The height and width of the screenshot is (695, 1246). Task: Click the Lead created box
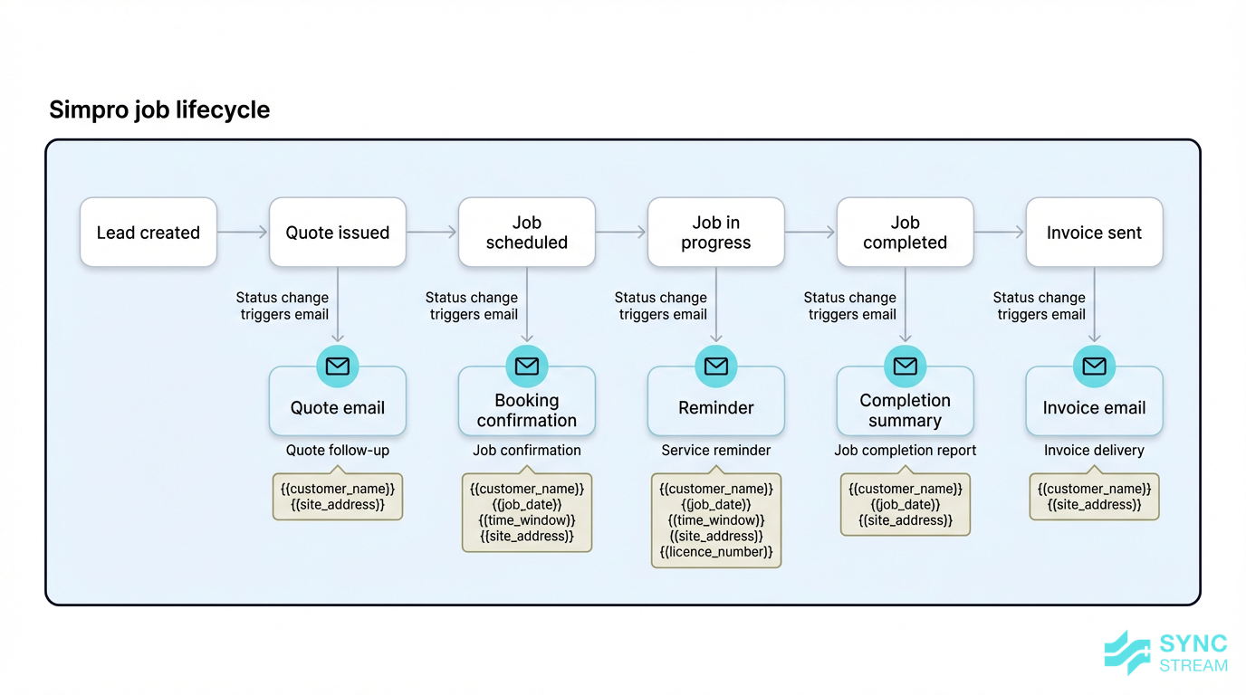click(x=149, y=233)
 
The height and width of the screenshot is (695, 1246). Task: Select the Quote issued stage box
click(x=338, y=233)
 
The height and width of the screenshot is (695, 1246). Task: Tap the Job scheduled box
click(x=527, y=233)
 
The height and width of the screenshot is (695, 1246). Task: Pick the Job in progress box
click(x=716, y=233)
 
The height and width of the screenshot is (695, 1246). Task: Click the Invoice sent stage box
click(x=1094, y=233)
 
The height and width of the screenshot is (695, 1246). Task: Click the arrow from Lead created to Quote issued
click(x=243, y=233)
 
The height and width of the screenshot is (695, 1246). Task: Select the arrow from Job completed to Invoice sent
click(x=999, y=233)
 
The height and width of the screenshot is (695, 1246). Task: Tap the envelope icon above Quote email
click(x=338, y=366)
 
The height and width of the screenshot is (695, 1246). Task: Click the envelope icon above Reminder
click(x=716, y=366)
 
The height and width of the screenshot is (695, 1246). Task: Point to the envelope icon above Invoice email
click(x=1094, y=366)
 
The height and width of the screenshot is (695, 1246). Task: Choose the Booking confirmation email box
click(x=527, y=410)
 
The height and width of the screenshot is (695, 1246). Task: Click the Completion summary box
click(x=905, y=410)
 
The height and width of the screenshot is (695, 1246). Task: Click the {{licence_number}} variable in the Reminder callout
click(x=716, y=552)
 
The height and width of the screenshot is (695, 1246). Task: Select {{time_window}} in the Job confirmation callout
click(x=527, y=520)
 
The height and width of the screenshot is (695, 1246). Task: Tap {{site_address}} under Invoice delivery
click(x=1094, y=505)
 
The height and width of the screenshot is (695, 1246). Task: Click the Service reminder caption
click(x=716, y=450)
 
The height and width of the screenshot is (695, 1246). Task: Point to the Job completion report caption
click(x=905, y=450)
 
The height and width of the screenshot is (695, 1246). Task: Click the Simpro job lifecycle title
click(x=159, y=110)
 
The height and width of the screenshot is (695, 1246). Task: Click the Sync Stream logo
click(x=1166, y=653)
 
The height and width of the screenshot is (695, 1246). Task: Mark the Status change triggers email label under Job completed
click(x=850, y=306)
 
